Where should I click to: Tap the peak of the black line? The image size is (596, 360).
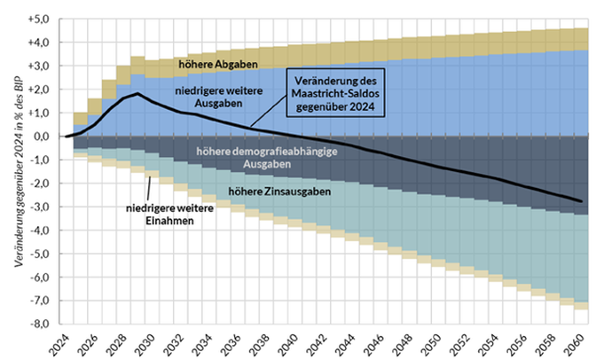tap(138, 93)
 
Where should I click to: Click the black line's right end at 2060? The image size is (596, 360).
tap(581, 201)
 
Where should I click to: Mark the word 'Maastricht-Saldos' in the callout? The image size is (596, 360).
tap(338, 96)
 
